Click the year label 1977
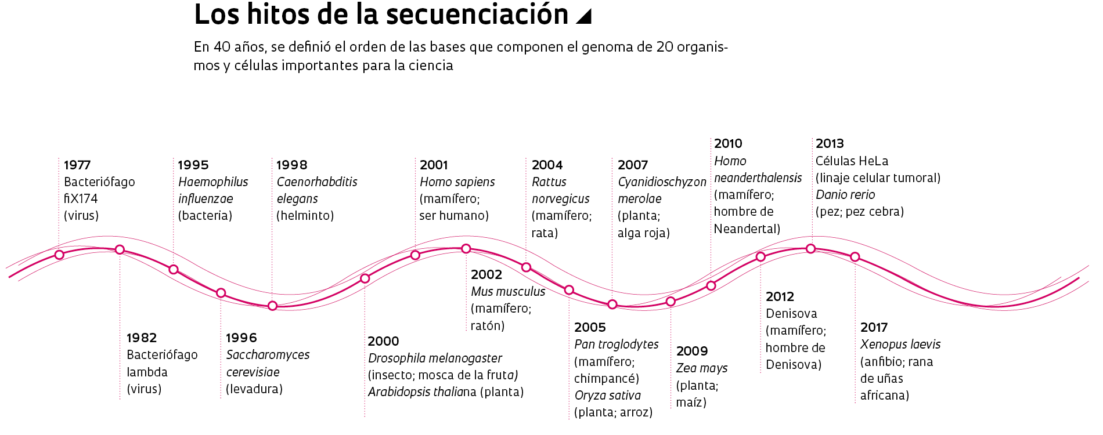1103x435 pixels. click(77, 165)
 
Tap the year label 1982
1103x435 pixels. click(142, 338)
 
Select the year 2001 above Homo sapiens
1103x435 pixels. click(434, 165)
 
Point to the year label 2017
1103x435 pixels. click(874, 328)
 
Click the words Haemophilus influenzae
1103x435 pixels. click(212, 190)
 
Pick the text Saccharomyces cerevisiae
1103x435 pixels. click(268, 363)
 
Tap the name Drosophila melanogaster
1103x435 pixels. click(435, 358)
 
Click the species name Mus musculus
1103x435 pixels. click(508, 292)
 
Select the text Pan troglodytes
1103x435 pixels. click(616, 345)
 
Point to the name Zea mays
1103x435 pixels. click(701, 368)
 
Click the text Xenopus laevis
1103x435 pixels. click(900, 345)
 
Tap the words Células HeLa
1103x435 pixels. click(852, 161)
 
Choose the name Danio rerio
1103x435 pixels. click(845, 195)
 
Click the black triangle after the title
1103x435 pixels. click(585, 16)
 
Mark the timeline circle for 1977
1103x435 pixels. click(59, 255)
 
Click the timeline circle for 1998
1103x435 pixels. click(272, 306)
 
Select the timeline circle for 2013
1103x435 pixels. click(811, 249)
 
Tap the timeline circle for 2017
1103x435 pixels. click(855, 256)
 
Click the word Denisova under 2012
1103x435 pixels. click(791, 314)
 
